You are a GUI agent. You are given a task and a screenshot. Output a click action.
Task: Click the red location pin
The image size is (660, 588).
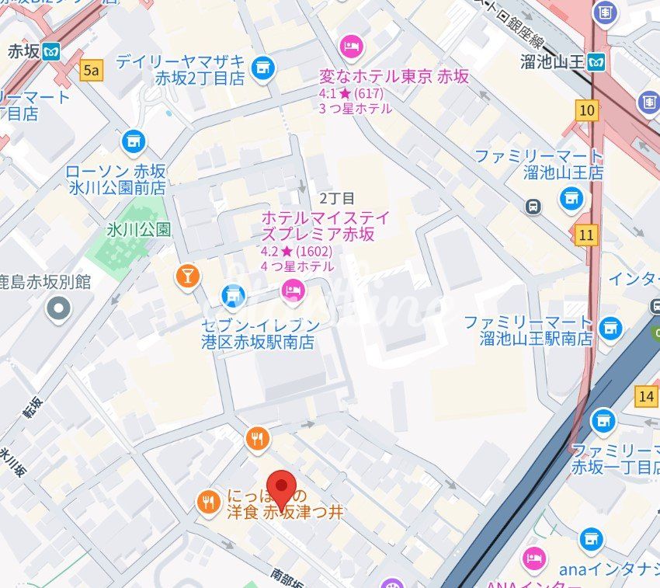pyautogui.click(x=280, y=488)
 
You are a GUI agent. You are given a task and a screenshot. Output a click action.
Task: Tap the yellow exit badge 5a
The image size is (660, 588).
pyautogui.click(x=92, y=71)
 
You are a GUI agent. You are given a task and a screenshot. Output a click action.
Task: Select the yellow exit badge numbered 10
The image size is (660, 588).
pyautogui.click(x=588, y=110)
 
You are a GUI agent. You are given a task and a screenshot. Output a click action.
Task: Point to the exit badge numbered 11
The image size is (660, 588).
pyautogui.click(x=587, y=234)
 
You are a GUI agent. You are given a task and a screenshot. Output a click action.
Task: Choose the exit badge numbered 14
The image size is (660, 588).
pyautogui.click(x=645, y=395)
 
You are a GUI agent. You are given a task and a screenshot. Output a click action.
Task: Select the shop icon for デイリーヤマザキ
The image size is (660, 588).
pyautogui.click(x=263, y=68)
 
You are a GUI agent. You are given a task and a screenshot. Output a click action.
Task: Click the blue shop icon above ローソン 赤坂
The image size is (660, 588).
pyautogui.click(x=134, y=141)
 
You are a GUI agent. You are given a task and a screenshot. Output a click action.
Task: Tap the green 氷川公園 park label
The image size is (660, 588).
pyautogui.click(x=139, y=230)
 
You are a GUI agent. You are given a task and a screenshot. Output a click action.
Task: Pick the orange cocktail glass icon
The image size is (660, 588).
pyautogui.click(x=188, y=276)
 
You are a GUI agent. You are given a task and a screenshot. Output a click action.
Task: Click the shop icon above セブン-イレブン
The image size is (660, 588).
pyautogui.click(x=232, y=295)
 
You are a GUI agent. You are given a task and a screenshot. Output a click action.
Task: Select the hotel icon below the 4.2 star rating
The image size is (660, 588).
pyautogui.click(x=293, y=291)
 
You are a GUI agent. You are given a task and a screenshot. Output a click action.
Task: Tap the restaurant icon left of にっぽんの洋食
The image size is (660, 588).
pyautogui.click(x=207, y=503)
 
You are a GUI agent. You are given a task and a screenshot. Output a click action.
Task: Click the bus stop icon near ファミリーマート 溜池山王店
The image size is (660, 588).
pyautogui.click(x=533, y=206)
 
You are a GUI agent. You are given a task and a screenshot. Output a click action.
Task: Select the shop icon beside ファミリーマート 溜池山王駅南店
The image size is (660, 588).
pyautogui.click(x=611, y=328)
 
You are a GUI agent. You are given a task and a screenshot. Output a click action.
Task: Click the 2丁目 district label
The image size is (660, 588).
pyautogui.click(x=336, y=198)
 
